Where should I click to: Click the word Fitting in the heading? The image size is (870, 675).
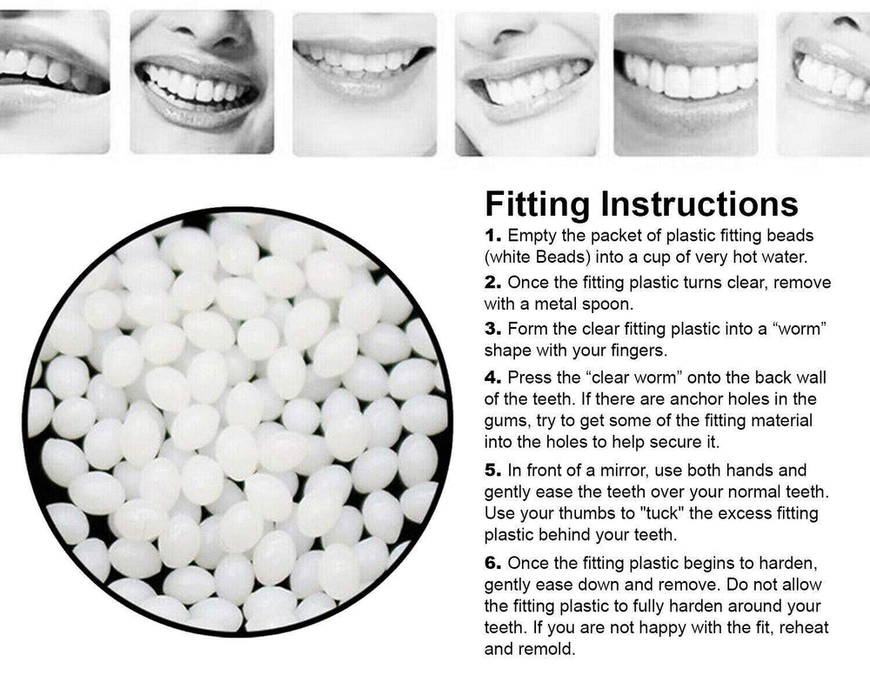pos(537,204)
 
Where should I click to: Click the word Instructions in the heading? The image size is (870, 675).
pos(699,204)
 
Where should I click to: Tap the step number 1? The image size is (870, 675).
pos(492,235)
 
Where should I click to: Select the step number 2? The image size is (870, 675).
pos(492,283)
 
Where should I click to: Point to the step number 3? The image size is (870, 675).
pos(492,328)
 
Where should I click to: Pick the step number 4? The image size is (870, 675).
pos(492,378)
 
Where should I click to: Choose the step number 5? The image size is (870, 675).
pos(492,471)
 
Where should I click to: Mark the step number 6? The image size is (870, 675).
pos(492,563)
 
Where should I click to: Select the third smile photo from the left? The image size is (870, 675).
pos(365,84)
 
